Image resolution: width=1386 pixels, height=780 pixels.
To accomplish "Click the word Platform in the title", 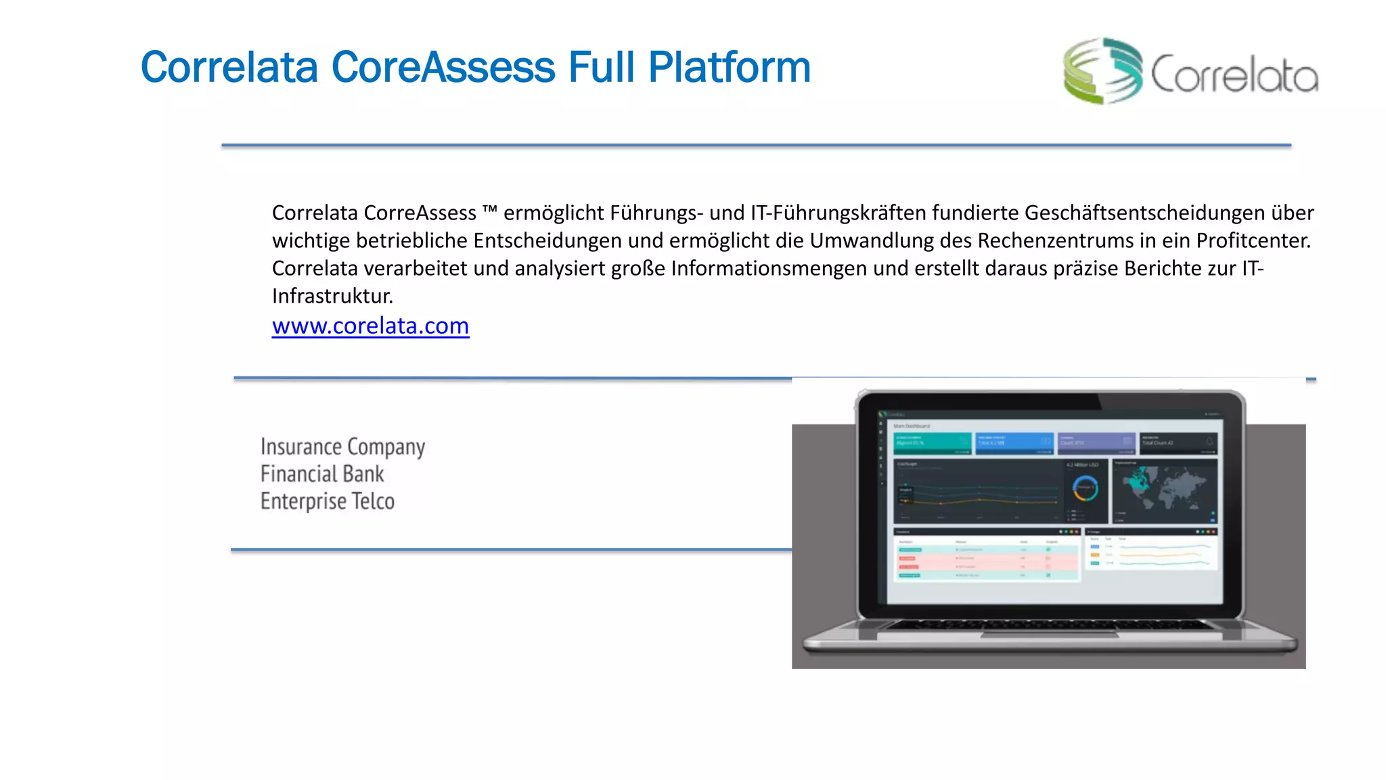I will click(x=729, y=68).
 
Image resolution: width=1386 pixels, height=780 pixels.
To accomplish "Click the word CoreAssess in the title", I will click(x=443, y=68).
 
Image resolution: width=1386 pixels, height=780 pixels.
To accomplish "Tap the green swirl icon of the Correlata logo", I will click(x=1102, y=71).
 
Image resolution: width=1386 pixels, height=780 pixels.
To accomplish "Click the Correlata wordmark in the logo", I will click(x=1234, y=74).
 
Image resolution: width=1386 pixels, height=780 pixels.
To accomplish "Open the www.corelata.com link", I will click(x=370, y=326).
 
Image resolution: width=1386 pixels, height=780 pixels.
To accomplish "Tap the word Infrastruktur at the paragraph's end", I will click(x=332, y=296).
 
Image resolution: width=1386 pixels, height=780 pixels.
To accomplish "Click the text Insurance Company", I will click(x=342, y=447).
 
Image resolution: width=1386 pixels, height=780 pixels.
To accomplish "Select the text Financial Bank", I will click(x=322, y=474).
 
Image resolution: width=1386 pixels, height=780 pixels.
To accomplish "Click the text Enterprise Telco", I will click(x=328, y=501).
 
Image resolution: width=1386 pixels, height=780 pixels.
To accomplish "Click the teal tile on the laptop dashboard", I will click(x=933, y=443).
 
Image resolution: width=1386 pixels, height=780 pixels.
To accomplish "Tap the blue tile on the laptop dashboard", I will click(x=1014, y=443).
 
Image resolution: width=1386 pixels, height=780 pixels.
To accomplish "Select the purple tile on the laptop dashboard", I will click(x=1096, y=443).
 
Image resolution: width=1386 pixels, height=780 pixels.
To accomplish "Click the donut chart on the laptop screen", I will click(x=1086, y=488).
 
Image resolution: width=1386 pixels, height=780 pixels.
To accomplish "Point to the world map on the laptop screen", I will click(x=1164, y=490).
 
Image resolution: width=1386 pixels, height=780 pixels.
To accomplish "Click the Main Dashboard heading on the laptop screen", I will click(x=912, y=426).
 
